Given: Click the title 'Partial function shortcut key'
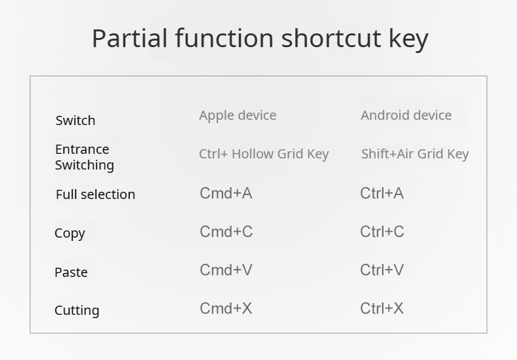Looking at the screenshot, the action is [260, 39].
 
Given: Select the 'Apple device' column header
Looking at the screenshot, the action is [238, 116].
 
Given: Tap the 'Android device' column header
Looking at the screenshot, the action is [406, 115].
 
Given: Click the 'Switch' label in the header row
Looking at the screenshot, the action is [75, 120].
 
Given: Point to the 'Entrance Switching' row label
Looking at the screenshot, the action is [84, 157].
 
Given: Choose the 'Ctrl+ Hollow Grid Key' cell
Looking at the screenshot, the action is [264, 154].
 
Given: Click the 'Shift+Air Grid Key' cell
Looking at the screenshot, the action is [415, 154].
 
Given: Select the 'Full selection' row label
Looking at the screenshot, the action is [96, 194].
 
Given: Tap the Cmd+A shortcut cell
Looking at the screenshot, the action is [226, 193].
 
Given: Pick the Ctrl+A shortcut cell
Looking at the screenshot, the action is [382, 193].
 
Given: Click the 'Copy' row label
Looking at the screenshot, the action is [70, 234].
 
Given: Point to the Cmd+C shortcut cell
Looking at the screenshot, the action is [226, 232].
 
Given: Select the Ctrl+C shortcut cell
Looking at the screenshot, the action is [382, 232].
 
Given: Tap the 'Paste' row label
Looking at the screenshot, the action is [71, 272].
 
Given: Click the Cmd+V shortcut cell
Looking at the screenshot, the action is [226, 270].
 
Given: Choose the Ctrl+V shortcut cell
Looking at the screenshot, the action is [382, 270].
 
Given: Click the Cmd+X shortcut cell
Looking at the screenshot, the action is [226, 308].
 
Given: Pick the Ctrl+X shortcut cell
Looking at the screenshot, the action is [382, 308].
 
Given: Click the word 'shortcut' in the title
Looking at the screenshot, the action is [331, 38].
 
